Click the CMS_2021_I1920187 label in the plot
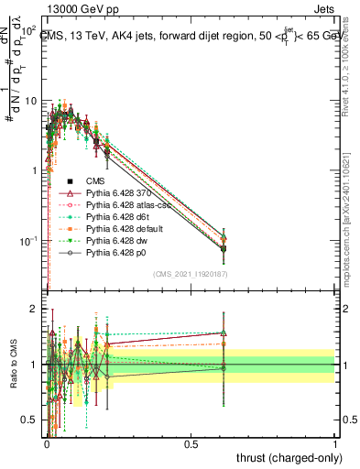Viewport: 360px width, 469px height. [191, 274]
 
